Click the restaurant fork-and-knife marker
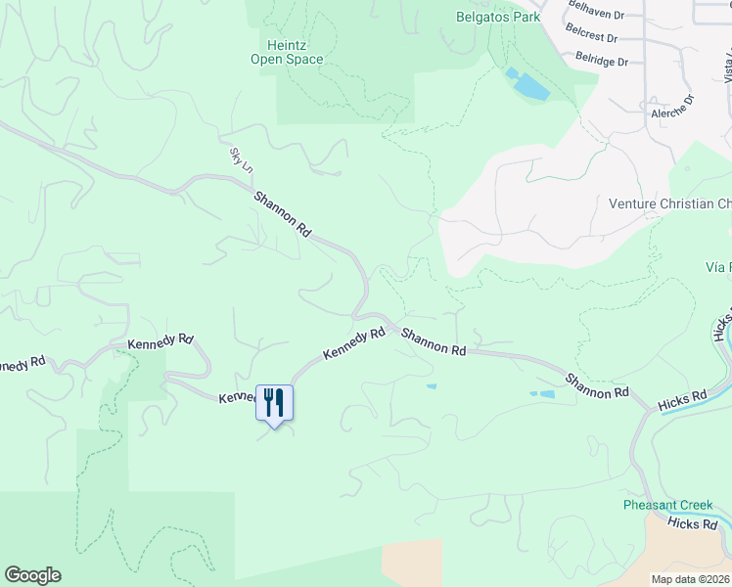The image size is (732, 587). click(x=274, y=402)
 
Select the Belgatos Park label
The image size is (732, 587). click(x=498, y=17)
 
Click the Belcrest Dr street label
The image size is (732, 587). click(x=591, y=36)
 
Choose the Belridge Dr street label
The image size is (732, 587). click(x=601, y=60)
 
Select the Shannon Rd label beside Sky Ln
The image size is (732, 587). click(x=283, y=214)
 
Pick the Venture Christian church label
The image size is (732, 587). click(x=669, y=204)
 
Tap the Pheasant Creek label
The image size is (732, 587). click(x=668, y=505)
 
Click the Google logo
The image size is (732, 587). click(x=32, y=575)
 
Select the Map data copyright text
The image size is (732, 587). click(x=691, y=579)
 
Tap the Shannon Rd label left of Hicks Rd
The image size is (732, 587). click(x=596, y=385)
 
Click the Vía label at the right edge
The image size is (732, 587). click(x=717, y=267)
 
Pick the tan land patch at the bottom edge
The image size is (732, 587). click(x=412, y=563)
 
